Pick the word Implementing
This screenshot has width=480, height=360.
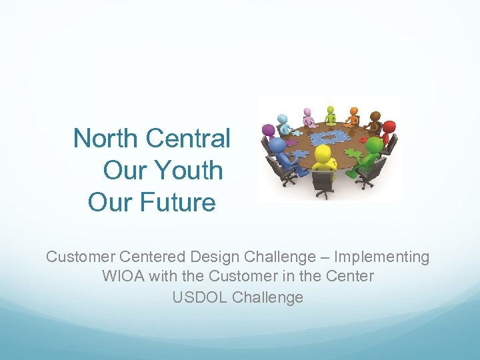382,257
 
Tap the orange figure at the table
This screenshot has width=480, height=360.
353,116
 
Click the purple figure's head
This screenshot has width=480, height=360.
269,129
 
